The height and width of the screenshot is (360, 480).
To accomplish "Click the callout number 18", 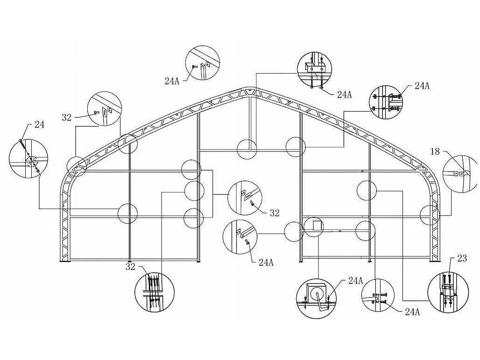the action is click(x=435, y=151).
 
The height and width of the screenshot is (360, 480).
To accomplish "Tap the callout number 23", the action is click(x=462, y=258).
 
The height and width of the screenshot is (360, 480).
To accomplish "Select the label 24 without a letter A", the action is click(x=39, y=125).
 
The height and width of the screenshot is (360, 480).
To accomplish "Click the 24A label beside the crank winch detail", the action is click(x=356, y=281).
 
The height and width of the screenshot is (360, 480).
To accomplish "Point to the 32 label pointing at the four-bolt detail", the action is click(x=130, y=267).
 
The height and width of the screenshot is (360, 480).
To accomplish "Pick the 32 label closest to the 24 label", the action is click(x=67, y=117).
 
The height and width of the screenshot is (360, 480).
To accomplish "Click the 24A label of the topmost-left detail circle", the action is click(x=172, y=81).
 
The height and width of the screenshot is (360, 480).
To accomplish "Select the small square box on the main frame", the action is click(x=318, y=226).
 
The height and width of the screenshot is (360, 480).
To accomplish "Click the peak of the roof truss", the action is click(x=250, y=88).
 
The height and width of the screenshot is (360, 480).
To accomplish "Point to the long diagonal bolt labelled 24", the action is click(x=30, y=157).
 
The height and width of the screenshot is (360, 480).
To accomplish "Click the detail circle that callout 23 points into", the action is click(x=448, y=293).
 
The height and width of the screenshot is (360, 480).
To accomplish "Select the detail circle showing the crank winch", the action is click(x=317, y=299).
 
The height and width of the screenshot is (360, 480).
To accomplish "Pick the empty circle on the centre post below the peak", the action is click(x=247, y=149).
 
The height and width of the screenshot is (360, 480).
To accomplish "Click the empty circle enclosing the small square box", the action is click(x=313, y=227).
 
